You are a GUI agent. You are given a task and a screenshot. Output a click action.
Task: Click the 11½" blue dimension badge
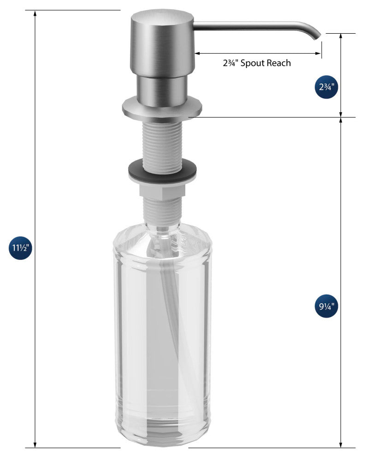[x=21, y=248]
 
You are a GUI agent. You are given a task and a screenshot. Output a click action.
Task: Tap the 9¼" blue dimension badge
[x=327, y=306]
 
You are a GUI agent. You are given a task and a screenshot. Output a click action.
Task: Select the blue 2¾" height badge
[x=327, y=88]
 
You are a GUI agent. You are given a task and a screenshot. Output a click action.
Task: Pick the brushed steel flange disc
[x=162, y=108]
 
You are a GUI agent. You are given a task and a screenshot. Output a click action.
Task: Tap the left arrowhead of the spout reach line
[x=197, y=54]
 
